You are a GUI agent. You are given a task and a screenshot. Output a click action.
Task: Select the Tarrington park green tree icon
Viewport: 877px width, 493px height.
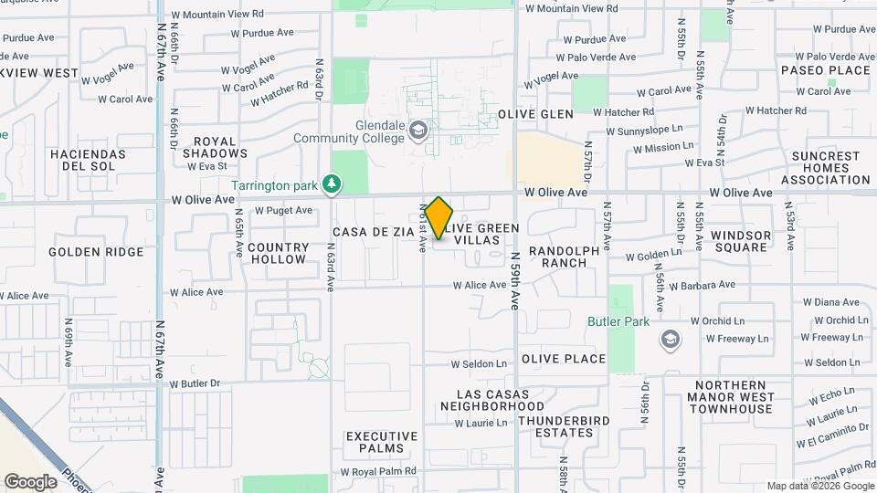333,185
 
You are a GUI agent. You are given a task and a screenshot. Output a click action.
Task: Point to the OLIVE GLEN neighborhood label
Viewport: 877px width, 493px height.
535,114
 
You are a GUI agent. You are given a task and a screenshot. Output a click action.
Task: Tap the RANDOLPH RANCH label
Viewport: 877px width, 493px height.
565,257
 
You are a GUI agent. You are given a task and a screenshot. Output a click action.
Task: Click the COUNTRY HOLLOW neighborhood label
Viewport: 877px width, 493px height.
278,253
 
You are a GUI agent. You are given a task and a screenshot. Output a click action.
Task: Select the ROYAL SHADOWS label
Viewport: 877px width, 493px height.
215,148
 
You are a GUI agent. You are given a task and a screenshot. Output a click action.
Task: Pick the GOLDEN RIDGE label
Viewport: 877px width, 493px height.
96,252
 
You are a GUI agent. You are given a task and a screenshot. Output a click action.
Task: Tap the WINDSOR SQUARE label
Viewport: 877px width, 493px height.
740,242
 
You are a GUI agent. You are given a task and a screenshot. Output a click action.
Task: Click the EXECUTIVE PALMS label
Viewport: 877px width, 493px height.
375,443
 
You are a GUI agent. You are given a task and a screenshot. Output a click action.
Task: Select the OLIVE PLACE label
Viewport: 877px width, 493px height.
564,359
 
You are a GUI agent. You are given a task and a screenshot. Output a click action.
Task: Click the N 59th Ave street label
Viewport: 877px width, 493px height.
515,281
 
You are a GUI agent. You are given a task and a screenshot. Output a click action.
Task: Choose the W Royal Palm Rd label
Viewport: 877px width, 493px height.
378,472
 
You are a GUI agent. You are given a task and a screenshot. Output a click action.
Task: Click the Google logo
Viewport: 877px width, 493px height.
30,481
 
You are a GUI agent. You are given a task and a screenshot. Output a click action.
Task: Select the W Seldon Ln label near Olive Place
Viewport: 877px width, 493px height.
478,364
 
